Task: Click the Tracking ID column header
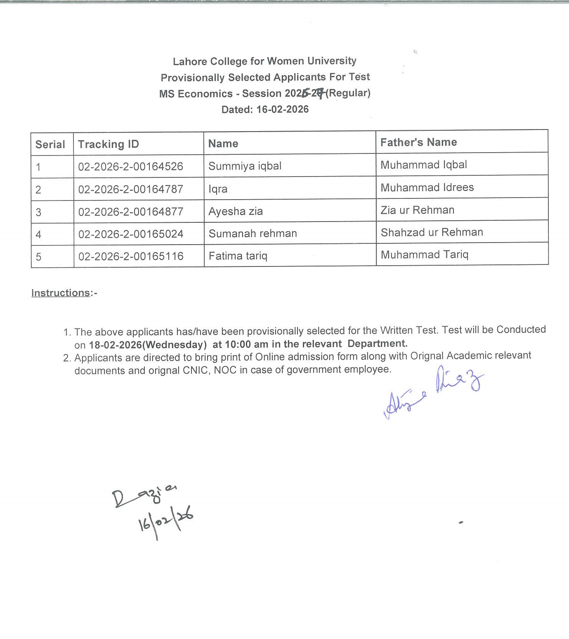[x=108, y=144]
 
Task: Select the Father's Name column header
[x=418, y=142]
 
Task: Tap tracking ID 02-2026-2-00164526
[x=130, y=166]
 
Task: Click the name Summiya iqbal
[x=245, y=166]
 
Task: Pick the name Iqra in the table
[x=218, y=189]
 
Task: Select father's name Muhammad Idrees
[x=427, y=187]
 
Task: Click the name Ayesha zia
[x=236, y=211]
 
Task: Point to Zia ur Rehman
[x=417, y=210]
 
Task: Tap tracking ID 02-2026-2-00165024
[x=131, y=234]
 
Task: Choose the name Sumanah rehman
[x=253, y=233]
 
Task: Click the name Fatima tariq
[x=238, y=256]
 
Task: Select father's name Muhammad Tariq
[x=425, y=255]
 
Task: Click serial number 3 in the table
[x=38, y=212]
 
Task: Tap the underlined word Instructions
[x=61, y=293]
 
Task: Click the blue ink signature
[x=433, y=392]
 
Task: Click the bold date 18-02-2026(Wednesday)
[x=148, y=344]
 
